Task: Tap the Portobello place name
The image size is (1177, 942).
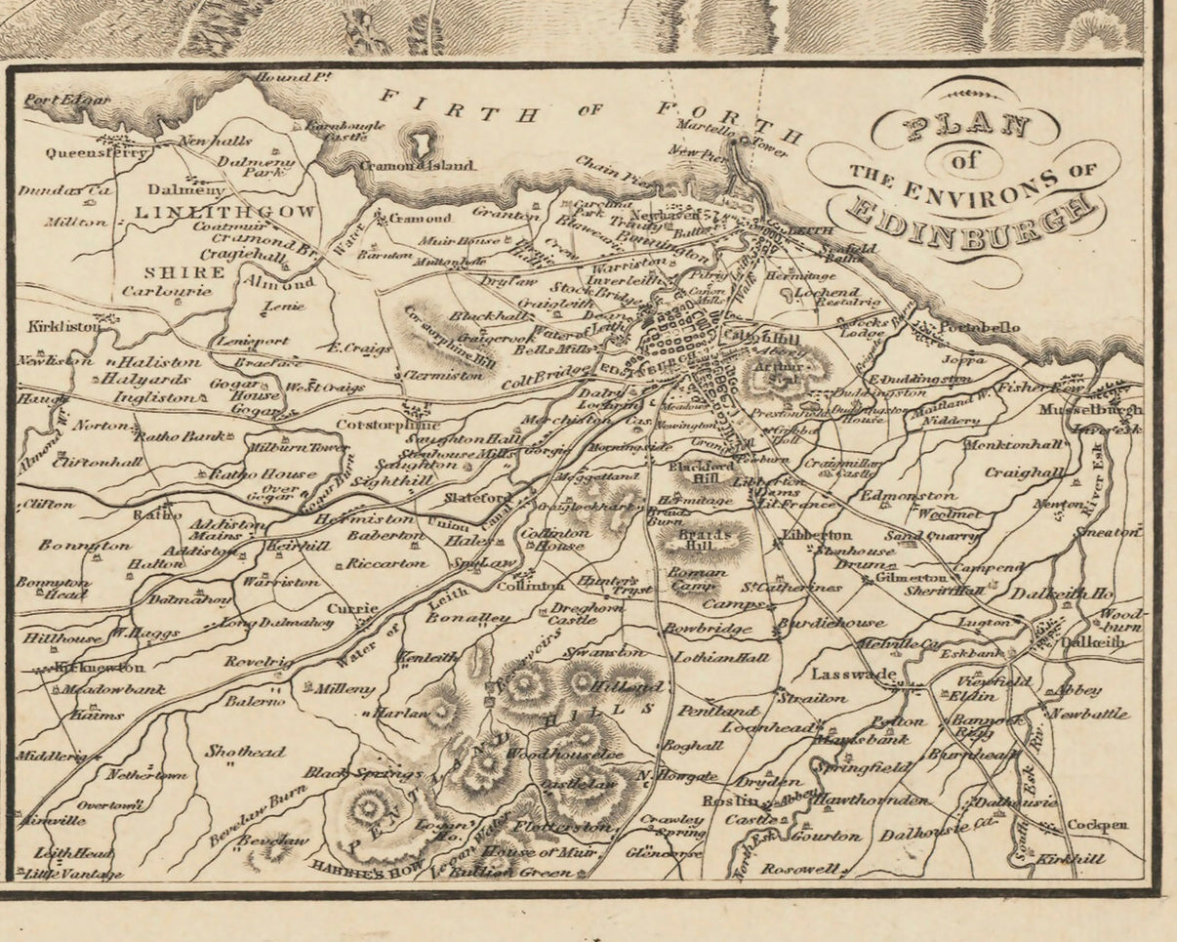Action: tap(979, 327)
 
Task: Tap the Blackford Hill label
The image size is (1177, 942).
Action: tap(702, 472)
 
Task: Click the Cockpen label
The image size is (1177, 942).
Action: tap(1097, 825)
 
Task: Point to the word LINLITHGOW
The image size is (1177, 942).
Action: tap(224, 212)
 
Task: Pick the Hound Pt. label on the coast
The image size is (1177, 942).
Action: tap(288, 77)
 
